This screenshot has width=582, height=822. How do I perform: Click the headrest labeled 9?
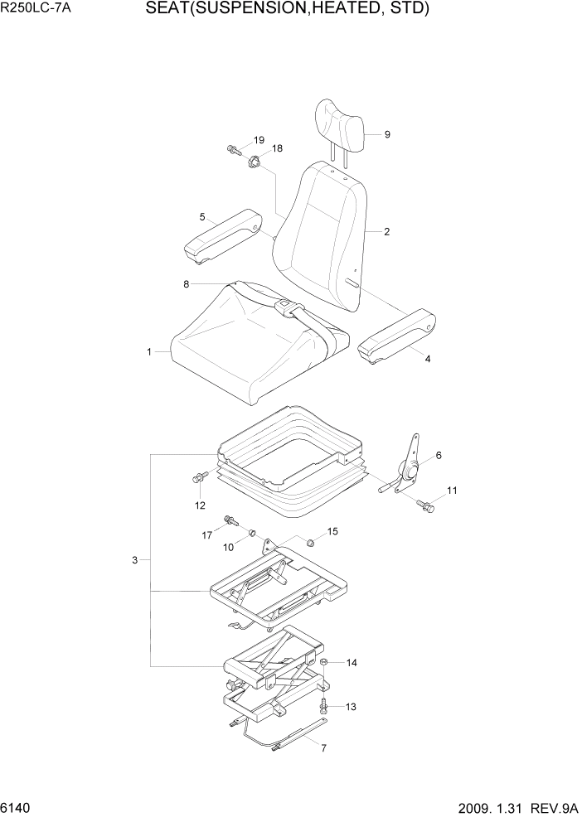tap(339, 127)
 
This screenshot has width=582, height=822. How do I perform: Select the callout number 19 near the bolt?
tap(259, 140)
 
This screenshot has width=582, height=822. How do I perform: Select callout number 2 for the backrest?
tap(386, 232)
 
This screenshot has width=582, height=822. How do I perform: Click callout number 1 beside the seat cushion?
tap(149, 352)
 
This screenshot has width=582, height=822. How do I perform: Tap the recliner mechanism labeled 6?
tap(409, 471)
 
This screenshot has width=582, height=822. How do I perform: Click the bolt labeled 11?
tap(426, 505)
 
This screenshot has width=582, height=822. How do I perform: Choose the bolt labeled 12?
tap(200, 478)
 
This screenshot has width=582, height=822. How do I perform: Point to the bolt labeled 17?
tap(231, 522)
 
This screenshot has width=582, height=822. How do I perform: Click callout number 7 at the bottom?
tap(323, 748)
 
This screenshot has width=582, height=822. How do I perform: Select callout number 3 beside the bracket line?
tap(134, 561)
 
